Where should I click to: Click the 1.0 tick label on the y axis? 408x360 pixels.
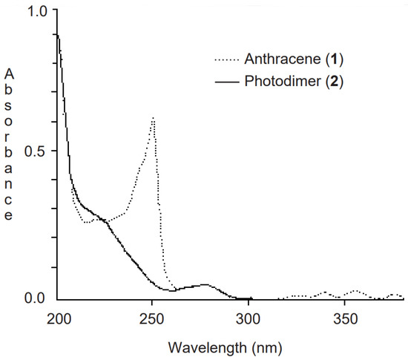[36, 13]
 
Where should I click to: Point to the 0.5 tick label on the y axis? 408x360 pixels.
[36, 151]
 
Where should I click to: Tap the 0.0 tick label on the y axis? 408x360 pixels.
[36, 298]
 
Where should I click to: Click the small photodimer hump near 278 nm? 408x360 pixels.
[205, 284]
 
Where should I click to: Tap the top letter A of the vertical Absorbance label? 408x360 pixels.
[9, 74]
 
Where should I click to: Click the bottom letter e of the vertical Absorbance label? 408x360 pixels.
[9, 216]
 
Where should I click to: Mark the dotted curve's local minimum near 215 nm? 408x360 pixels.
[88, 222]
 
